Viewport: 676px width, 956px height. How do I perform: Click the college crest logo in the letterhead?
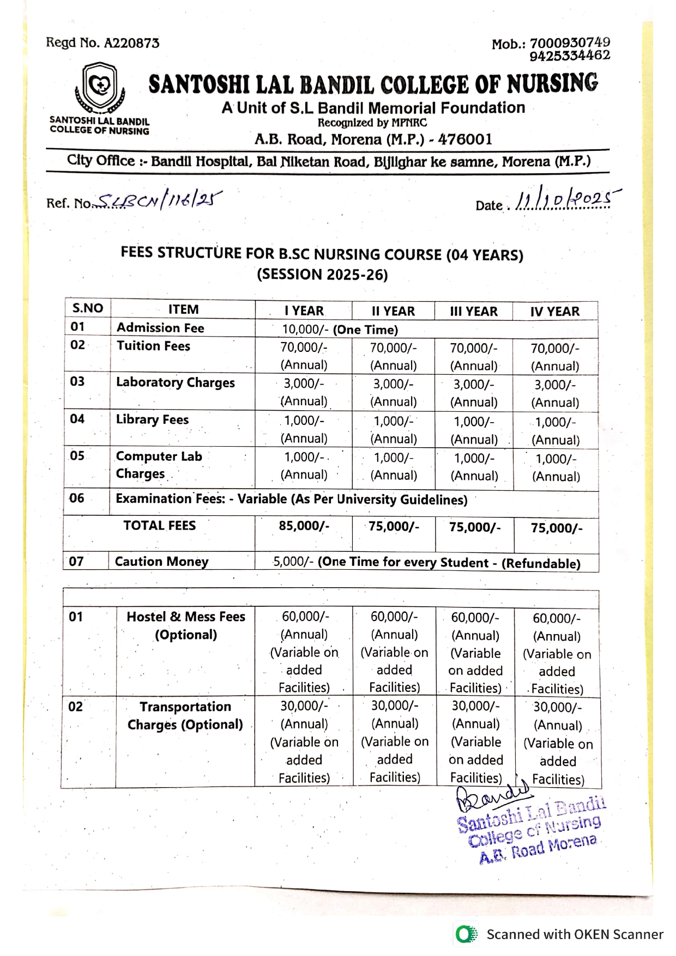tap(100, 87)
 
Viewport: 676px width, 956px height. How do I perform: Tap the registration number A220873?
tap(131, 43)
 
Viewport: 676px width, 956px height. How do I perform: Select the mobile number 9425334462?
tap(570, 56)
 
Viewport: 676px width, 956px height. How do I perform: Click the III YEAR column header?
tap(473, 312)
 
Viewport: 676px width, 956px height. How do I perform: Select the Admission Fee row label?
tap(160, 328)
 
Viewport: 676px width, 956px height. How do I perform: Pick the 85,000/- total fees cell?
tap(304, 526)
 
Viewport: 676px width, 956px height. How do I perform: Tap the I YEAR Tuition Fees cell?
tap(304, 356)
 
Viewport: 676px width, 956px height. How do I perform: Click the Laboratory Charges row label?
tap(175, 382)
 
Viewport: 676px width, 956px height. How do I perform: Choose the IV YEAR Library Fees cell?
tap(555, 430)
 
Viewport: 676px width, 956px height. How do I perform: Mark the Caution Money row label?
tap(161, 562)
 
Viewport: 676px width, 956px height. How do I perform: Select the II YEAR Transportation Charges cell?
tap(395, 741)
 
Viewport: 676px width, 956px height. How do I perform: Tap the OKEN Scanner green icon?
tap(466, 935)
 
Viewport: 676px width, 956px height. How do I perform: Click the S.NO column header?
tap(88, 308)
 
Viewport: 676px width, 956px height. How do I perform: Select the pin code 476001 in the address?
tap(465, 139)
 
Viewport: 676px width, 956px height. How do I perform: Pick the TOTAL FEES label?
tap(159, 526)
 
